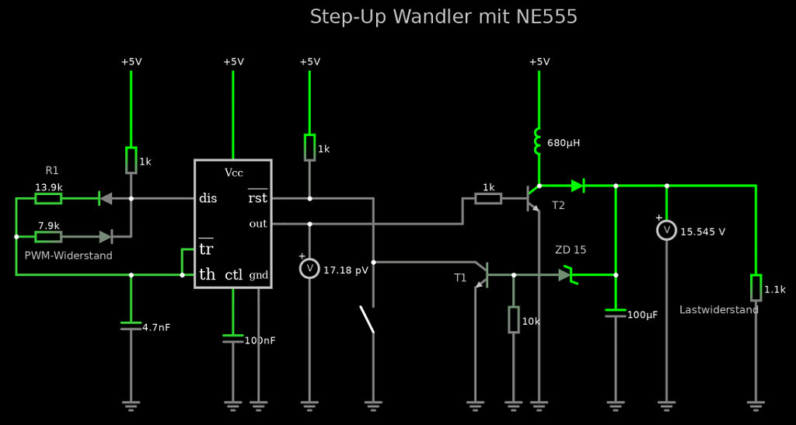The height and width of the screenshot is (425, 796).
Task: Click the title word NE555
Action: [546, 16]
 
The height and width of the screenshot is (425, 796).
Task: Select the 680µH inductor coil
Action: [537, 142]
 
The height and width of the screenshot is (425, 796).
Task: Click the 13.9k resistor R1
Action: [48, 199]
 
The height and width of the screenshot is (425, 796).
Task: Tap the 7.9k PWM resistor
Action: [48, 236]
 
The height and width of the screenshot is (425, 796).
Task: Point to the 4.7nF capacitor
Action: [131, 326]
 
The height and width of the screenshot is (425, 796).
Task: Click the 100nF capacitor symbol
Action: [232, 339]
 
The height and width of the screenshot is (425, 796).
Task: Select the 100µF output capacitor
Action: [616, 313]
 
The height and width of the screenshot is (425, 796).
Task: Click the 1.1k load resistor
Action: [756, 287]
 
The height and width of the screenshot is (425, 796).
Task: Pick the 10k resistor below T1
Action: [513, 319]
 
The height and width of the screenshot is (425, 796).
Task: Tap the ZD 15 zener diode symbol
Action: [567, 275]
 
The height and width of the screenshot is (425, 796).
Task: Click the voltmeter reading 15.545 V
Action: [666, 231]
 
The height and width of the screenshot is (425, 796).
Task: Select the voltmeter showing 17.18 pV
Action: [309, 269]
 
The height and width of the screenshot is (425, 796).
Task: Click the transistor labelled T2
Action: [533, 198]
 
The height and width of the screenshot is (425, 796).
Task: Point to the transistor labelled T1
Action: [482, 274]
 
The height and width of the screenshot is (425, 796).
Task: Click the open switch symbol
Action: [367, 319]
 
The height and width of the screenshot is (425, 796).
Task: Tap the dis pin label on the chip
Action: [208, 198]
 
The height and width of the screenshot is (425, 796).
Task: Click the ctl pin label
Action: [233, 275]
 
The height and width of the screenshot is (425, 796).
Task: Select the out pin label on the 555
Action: [258, 224]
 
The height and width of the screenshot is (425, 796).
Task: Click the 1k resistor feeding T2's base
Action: [488, 199]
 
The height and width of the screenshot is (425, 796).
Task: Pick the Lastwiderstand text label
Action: [719, 309]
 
